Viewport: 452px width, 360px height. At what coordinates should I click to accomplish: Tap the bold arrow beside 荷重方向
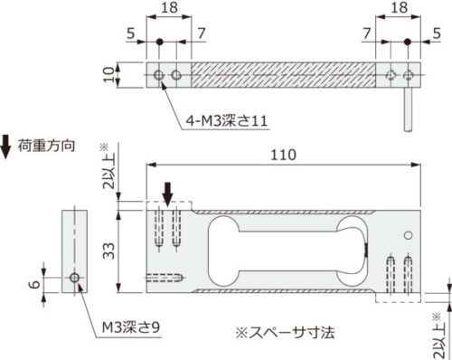click(x=7, y=142)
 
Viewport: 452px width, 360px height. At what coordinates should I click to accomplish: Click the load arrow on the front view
click(x=167, y=192)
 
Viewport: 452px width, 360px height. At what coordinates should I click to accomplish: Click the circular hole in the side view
click(x=74, y=277)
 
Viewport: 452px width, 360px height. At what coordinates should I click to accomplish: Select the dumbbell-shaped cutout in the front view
click(x=280, y=250)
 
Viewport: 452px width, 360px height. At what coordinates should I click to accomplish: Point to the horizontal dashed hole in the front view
click(x=166, y=277)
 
